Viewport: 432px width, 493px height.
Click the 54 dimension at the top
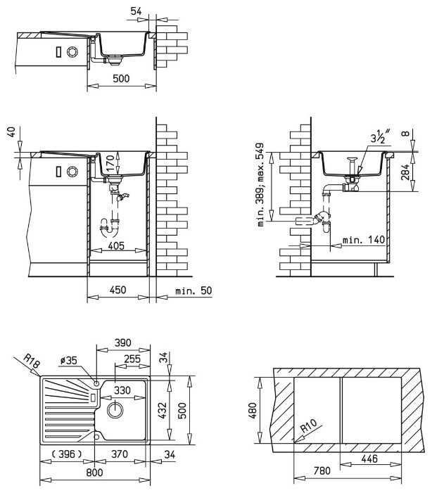(136, 11)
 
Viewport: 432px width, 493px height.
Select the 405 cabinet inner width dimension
(116, 245)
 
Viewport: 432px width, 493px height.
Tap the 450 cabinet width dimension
(118, 290)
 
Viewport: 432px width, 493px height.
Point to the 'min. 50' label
(193, 290)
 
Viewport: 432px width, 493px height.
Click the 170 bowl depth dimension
(110, 162)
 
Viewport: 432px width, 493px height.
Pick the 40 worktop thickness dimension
(11, 132)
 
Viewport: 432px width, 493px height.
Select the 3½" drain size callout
(380, 136)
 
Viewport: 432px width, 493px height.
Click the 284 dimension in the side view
(405, 172)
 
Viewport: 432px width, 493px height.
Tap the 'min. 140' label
(364, 240)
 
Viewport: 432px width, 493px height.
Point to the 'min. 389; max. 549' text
(260, 184)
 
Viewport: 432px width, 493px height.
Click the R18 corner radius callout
(32, 361)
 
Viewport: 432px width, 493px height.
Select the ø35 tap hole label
(68, 360)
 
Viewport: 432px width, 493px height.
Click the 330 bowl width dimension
(122, 390)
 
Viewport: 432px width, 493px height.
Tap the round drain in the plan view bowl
(115, 410)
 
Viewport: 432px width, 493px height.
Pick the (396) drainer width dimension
(67, 454)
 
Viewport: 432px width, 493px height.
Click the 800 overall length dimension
(94, 472)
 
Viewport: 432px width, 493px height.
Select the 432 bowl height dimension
(163, 410)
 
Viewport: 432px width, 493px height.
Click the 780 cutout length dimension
(322, 470)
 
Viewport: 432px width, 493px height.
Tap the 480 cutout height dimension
(253, 411)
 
